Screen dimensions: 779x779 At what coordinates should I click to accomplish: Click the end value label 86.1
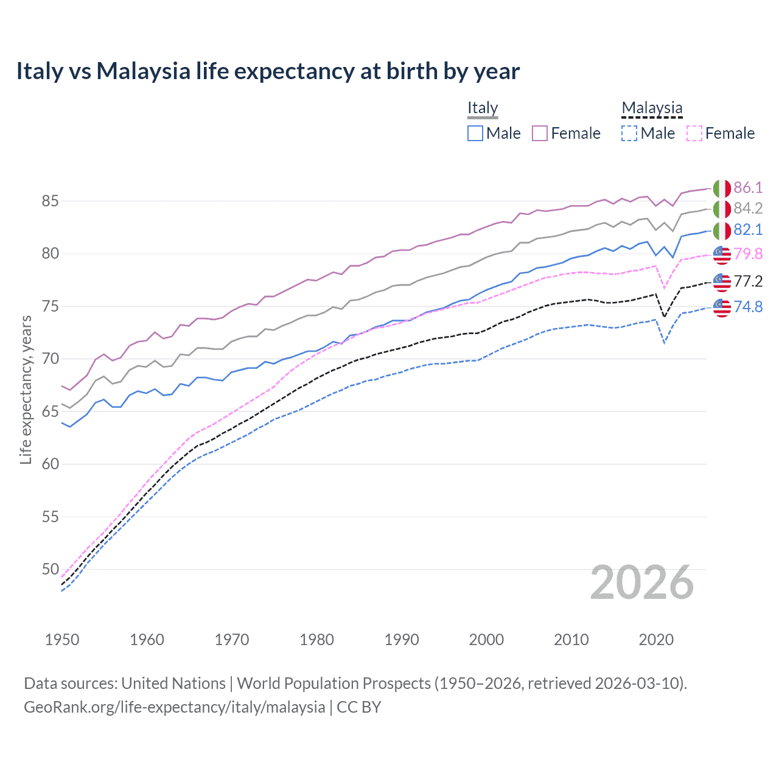pyautogui.click(x=748, y=187)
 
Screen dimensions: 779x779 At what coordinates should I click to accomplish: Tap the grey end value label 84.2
pyautogui.click(x=748, y=209)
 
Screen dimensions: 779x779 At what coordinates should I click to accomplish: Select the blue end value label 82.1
pyautogui.click(x=748, y=229)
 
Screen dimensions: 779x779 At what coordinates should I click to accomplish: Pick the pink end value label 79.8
pyautogui.click(x=748, y=254)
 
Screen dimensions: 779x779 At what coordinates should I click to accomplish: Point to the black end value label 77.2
pyautogui.click(x=748, y=281)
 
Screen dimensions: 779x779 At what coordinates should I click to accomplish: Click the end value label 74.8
pyautogui.click(x=748, y=307)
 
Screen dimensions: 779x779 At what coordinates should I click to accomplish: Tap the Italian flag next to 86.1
pyautogui.click(x=722, y=189)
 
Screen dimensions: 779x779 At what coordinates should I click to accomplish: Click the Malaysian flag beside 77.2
pyautogui.click(x=722, y=282)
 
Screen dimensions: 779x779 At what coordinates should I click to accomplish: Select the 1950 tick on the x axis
pyautogui.click(x=62, y=640)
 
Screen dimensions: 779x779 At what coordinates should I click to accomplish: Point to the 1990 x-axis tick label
pyautogui.click(x=402, y=640)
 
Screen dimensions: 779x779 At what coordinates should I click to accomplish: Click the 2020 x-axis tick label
pyautogui.click(x=656, y=640)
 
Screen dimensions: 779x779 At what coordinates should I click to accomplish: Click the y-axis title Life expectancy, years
pyautogui.click(x=26, y=389)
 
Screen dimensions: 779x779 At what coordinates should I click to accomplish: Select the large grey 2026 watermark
pyautogui.click(x=642, y=583)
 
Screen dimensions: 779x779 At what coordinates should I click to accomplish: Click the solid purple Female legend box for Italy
pyautogui.click(x=540, y=133)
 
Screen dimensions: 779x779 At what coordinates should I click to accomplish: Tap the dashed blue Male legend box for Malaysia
pyautogui.click(x=629, y=133)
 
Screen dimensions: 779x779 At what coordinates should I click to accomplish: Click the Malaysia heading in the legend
pyautogui.click(x=652, y=108)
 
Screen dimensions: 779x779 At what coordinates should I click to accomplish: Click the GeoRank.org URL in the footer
pyautogui.click(x=174, y=707)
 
